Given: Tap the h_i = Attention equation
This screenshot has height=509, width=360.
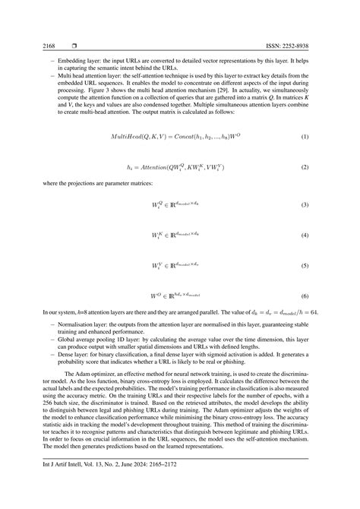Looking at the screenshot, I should coord(175,166).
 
